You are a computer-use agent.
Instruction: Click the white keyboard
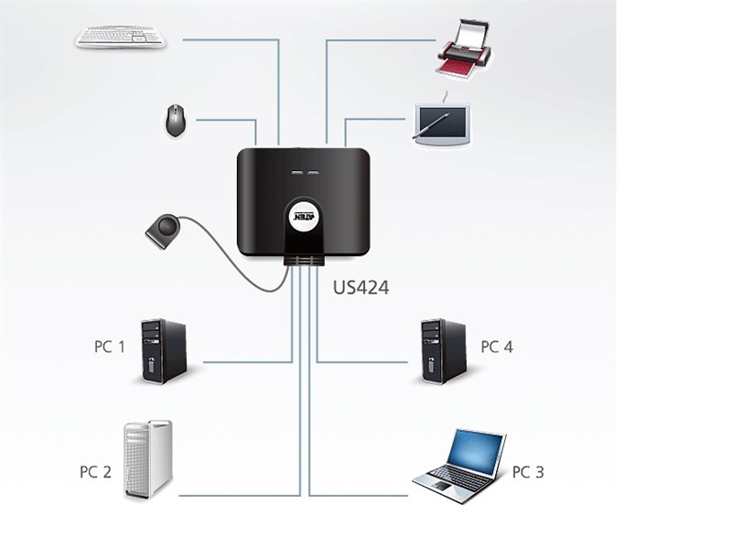coord(121,37)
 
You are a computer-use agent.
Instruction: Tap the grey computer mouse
coord(175,121)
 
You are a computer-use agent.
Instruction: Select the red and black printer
coord(464,49)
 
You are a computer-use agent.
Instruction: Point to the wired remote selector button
coord(163,231)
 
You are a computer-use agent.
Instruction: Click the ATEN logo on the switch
coord(306,217)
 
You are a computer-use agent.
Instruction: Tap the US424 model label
coord(361,287)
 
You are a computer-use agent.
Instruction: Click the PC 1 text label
coord(110,347)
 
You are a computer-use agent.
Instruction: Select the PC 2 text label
coord(95,472)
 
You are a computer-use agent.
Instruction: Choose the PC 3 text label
coord(528,472)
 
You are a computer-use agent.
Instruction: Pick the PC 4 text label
coord(497,347)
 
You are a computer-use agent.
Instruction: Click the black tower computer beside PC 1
coord(164,351)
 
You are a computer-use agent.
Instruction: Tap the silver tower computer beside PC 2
coord(148,459)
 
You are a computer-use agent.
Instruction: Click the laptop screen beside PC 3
coord(475,453)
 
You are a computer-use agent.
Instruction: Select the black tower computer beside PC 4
coord(443,351)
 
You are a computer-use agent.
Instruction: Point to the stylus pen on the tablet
coord(431,124)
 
